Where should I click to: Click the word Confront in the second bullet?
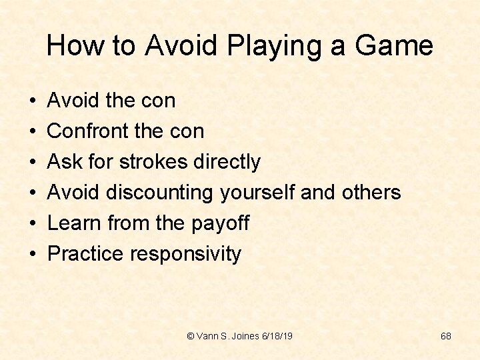point(87,131)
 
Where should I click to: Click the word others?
point(370,193)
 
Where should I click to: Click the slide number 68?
point(446,336)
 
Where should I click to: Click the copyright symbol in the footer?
point(191,336)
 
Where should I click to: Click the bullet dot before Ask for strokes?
point(32,163)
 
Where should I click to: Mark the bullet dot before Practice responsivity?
point(32,255)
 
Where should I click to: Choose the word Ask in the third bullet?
point(65,162)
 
